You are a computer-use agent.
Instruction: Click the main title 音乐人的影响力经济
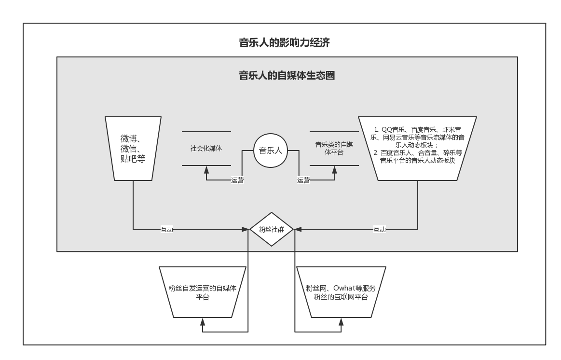[x=284, y=42]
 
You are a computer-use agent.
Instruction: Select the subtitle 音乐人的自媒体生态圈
[x=287, y=76]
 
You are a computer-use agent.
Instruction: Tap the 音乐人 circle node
[x=271, y=151]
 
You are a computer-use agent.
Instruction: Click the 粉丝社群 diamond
[x=272, y=229]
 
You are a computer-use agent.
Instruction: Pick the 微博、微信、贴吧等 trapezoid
[x=133, y=149]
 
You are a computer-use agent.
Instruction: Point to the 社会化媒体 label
[x=206, y=149]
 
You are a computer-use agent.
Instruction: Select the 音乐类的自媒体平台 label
[x=334, y=148]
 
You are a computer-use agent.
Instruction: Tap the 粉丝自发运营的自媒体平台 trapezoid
[x=203, y=292]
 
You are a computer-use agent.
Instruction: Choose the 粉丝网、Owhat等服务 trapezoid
[x=341, y=292]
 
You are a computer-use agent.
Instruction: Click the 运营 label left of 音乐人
[x=237, y=180]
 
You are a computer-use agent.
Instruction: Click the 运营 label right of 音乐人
[x=303, y=180]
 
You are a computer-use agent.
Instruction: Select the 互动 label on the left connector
[x=166, y=229]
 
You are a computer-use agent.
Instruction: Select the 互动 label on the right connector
[x=380, y=229]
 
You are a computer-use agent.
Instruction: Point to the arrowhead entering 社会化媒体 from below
[x=206, y=169]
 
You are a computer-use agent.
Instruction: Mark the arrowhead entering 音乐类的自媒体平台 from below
[x=334, y=169]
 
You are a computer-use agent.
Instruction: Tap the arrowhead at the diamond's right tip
[x=298, y=229]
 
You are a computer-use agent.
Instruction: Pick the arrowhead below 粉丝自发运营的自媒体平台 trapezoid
[x=203, y=321]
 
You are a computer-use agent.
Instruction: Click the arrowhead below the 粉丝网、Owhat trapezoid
[x=341, y=321]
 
